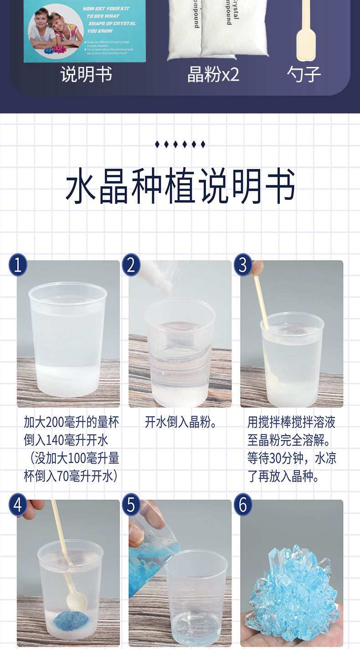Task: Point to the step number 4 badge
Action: tap(18, 505)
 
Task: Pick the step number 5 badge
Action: tap(131, 505)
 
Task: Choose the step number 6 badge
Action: tap(243, 505)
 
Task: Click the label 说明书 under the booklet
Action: tap(86, 74)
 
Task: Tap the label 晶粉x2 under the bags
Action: tap(213, 74)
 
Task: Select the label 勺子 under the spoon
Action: tap(304, 74)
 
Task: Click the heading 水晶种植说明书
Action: tap(180, 186)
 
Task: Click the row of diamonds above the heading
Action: tap(180, 144)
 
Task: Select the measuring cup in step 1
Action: tap(67, 339)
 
